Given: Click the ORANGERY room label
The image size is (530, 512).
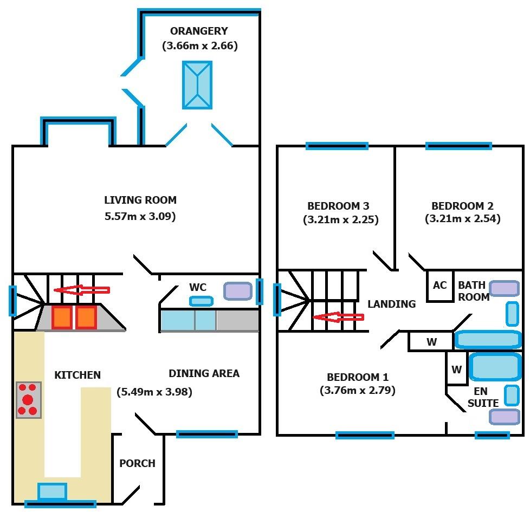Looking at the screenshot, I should tap(199, 31).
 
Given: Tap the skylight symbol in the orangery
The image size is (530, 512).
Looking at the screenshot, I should tap(197, 85).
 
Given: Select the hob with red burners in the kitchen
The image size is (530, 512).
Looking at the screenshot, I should tap(29, 400).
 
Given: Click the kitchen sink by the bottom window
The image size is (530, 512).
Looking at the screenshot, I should tap(53, 491).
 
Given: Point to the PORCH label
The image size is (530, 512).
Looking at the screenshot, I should tap(137, 463).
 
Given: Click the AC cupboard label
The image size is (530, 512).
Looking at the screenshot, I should tap(439, 285).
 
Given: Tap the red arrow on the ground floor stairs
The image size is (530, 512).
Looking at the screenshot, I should tap(82, 290).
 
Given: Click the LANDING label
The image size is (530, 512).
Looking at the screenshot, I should tap(391, 304).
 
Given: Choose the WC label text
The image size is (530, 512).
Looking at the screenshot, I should tap(197, 287).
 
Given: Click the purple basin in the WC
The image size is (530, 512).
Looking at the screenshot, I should tap(238, 291).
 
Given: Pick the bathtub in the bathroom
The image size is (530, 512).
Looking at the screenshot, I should tap(488, 340).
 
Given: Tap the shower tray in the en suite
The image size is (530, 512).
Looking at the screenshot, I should tap(495, 367).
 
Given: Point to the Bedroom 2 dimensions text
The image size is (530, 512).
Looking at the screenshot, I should tap(462, 219).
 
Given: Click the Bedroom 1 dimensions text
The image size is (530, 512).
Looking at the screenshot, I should tap(357, 390).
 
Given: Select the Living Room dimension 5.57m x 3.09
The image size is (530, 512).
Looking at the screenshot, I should tap(140, 217).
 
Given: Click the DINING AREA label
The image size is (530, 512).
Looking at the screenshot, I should tap(204, 373).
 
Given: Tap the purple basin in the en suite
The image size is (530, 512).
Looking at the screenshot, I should tap(505, 416).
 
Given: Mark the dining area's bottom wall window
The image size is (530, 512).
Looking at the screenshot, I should tap(207, 433).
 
